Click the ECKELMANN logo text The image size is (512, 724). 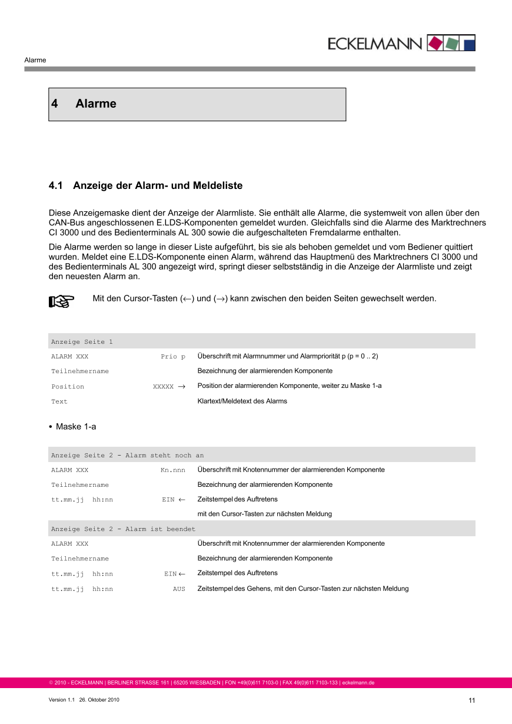tap(375, 44)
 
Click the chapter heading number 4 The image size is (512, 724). tap(55, 104)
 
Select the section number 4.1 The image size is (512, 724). tap(55, 186)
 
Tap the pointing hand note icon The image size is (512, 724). tap(61, 301)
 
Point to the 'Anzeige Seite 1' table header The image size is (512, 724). tap(82, 342)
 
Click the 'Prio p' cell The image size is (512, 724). tap(173, 357)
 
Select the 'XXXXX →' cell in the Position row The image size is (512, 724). tap(169, 387)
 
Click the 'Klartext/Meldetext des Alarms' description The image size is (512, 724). tap(242, 401)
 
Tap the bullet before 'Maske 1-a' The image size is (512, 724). tap(51, 427)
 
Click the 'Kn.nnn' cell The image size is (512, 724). tap(172, 470)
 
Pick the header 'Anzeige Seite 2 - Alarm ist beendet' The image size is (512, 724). tap(123, 529)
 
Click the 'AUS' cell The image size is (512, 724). tap(179, 589)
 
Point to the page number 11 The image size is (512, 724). tap(471, 700)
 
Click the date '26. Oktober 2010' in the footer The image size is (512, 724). tap(99, 700)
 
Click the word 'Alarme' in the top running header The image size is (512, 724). tap(35, 60)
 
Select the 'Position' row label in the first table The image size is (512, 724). tap(68, 387)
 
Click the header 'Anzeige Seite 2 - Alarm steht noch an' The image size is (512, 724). tap(127, 456)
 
